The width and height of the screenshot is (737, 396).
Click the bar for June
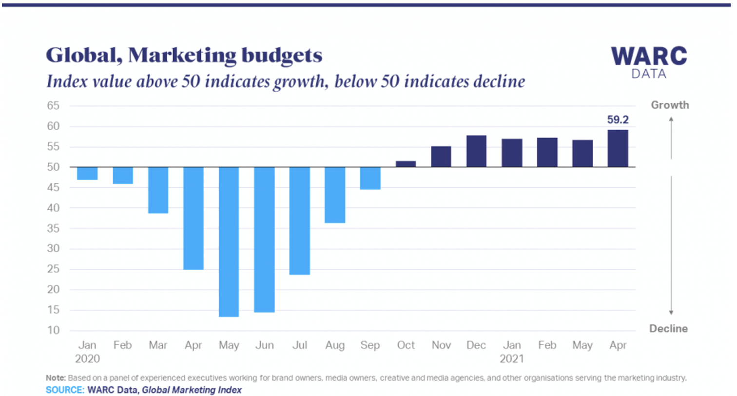point(264,239)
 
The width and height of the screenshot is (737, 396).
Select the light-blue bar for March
point(158,190)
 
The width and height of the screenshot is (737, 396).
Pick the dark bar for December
point(476,151)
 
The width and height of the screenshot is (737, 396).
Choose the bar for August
point(335,195)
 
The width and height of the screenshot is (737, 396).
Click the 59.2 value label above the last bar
point(618,119)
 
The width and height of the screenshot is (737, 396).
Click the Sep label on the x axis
point(370,345)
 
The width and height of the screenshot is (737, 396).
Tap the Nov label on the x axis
point(441,345)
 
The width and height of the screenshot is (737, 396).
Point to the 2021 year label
point(511,359)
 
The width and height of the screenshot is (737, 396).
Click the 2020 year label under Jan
point(87,359)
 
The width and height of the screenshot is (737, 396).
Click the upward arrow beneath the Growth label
point(671,137)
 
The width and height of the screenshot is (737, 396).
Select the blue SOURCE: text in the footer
point(65,390)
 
